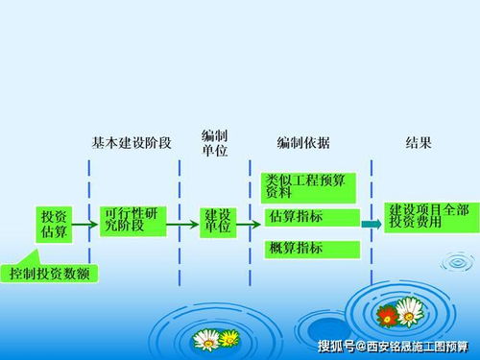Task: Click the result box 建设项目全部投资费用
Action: coord(429,216)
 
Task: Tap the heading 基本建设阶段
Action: coord(132,143)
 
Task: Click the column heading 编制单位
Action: coord(215,143)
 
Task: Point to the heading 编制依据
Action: coord(303,143)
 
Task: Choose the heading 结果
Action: coord(419,143)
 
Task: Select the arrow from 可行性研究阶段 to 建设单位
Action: coord(184,227)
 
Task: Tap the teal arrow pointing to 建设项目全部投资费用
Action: coord(372,225)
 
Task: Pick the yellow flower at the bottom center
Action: coord(229,339)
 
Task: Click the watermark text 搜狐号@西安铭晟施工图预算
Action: coord(393,347)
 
